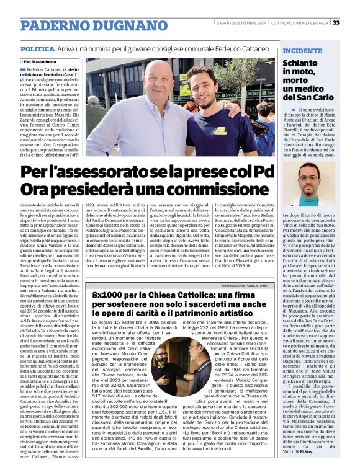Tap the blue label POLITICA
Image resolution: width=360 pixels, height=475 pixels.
37,48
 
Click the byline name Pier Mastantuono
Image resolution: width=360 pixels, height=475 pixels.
45,62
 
